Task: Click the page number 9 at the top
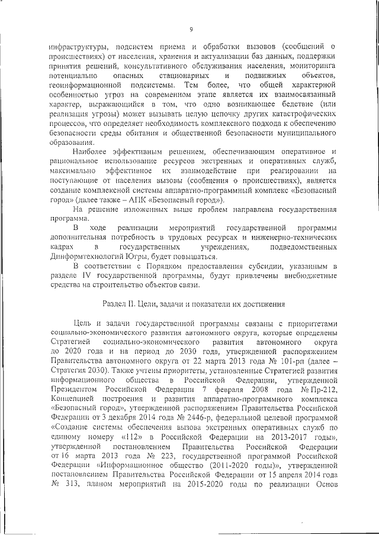[x=191, y=29]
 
